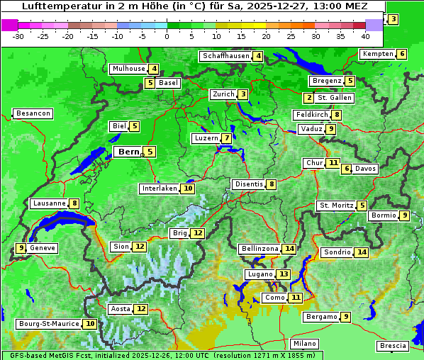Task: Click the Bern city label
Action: pos(128,152)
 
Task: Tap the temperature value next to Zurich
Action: pos(243,94)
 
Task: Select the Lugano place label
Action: pos(259,274)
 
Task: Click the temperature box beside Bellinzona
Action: pos(289,249)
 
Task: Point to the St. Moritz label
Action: pos(335,206)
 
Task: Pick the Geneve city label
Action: pos(43,248)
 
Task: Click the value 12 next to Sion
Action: pos(140,247)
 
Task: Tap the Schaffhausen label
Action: pos(225,56)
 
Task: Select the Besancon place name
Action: pos(33,113)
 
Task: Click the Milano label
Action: pos(305,344)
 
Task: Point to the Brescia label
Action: pos(393,346)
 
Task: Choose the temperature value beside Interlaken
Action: pos(188,189)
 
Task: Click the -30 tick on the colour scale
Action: pos(18,36)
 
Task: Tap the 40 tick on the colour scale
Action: pos(365,36)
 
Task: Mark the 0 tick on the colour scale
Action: pos(167,36)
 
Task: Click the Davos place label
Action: pos(366,169)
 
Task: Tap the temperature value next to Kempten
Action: pos(402,54)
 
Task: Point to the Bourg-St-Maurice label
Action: pos(48,324)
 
